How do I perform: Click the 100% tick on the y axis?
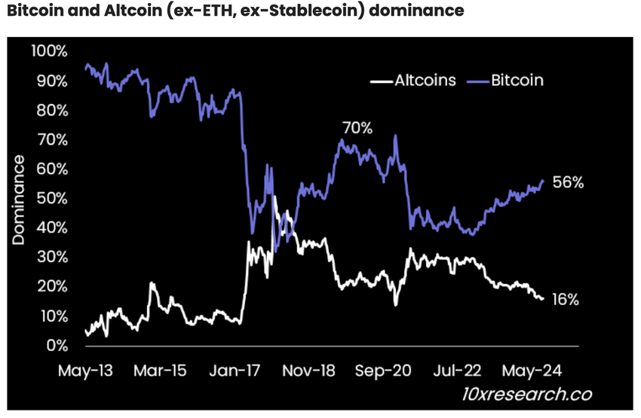point(49,50)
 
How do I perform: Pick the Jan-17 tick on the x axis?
point(239,371)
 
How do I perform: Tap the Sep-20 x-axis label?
point(389,371)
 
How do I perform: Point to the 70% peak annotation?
point(357,127)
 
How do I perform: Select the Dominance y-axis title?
point(19,199)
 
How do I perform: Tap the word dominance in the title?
point(419,12)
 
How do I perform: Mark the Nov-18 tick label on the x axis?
point(314,371)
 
